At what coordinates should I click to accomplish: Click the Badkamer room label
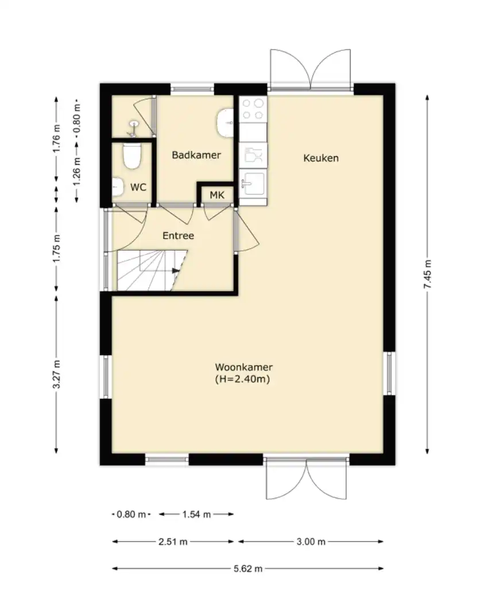[196, 155]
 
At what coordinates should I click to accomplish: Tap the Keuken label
[321, 158]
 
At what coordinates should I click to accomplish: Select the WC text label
[138, 188]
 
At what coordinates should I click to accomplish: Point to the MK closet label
[217, 195]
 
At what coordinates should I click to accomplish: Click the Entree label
[178, 236]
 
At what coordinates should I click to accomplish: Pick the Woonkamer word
[244, 367]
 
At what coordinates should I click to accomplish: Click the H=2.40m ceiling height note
[242, 379]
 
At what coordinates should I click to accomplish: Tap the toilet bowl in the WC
[131, 156]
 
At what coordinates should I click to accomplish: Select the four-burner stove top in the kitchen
[253, 109]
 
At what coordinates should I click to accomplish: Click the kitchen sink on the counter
[253, 183]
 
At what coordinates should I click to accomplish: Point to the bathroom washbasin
[224, 122]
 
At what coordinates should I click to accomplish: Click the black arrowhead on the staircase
[176, 270]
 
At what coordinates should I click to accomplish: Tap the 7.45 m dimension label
[427, 274]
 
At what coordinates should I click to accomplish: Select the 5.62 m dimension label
[248, 569]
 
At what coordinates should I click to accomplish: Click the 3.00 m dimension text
[311, 542]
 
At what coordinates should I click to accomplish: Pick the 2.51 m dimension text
[173, 542]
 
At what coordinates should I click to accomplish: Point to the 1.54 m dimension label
[196, 514]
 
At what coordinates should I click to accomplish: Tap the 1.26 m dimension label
[77, 171]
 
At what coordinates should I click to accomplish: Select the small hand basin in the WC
[118, 187]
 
